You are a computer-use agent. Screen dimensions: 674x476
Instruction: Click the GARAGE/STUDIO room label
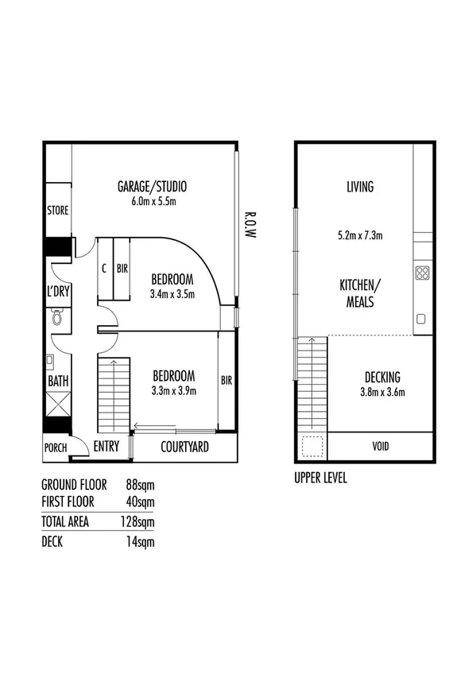(x=152, y=188)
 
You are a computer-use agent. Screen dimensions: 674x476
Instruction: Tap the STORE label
(x=58, y=211)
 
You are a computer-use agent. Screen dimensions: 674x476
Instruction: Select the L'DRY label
(x=58, y=292)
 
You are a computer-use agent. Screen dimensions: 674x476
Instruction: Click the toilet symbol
(x=56, y=318)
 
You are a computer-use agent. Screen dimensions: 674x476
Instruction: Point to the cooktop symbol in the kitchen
(x=423, y=274)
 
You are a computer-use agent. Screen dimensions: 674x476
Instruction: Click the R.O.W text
(x=249, y=227)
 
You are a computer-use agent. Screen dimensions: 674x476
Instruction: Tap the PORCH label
(x=56, y=447)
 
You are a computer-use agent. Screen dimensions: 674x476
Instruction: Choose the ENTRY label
(x=106, y=447)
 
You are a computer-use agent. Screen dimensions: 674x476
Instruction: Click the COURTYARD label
(x=184, y=447)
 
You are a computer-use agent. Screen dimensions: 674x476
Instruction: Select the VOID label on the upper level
(x=381, y=446)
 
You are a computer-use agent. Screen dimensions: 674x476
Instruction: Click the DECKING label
(x=382, y=377)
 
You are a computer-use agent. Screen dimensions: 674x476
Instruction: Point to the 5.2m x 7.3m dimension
(x=360, y=235)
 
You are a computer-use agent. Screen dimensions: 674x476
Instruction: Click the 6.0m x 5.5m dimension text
(x=152, y=201)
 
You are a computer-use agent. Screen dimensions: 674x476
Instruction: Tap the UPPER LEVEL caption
(x=320, y=479)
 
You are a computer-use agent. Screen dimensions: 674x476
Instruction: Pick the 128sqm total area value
(x=140, y=521)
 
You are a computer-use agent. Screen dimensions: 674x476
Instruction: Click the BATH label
(x=58, y=382)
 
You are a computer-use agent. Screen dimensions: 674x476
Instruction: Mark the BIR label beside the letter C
(x=122, y=269)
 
